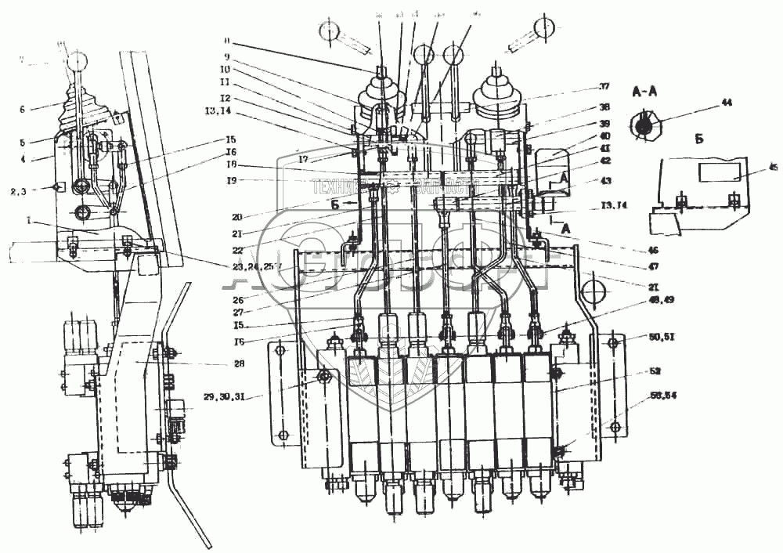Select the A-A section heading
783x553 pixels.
(x=644, y=91)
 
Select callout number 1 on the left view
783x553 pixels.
(x=29, y=222)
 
